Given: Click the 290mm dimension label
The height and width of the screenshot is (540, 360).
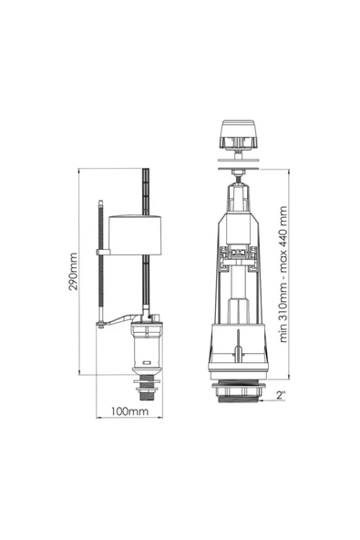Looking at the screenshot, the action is point(73,272).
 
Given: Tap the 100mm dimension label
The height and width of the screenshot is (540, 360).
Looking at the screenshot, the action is point(129,411).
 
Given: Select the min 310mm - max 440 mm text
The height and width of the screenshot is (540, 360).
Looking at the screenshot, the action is point(283,275).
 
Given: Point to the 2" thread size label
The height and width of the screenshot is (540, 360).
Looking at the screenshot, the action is point(281,395).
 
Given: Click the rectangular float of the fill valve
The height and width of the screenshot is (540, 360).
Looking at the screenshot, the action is point(135,234).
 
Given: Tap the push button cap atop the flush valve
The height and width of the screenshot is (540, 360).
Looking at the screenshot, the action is point(239,135).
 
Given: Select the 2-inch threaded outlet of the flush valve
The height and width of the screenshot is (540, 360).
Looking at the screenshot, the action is point(239,392).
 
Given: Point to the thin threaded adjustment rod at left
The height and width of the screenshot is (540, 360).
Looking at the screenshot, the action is point(100,262).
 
